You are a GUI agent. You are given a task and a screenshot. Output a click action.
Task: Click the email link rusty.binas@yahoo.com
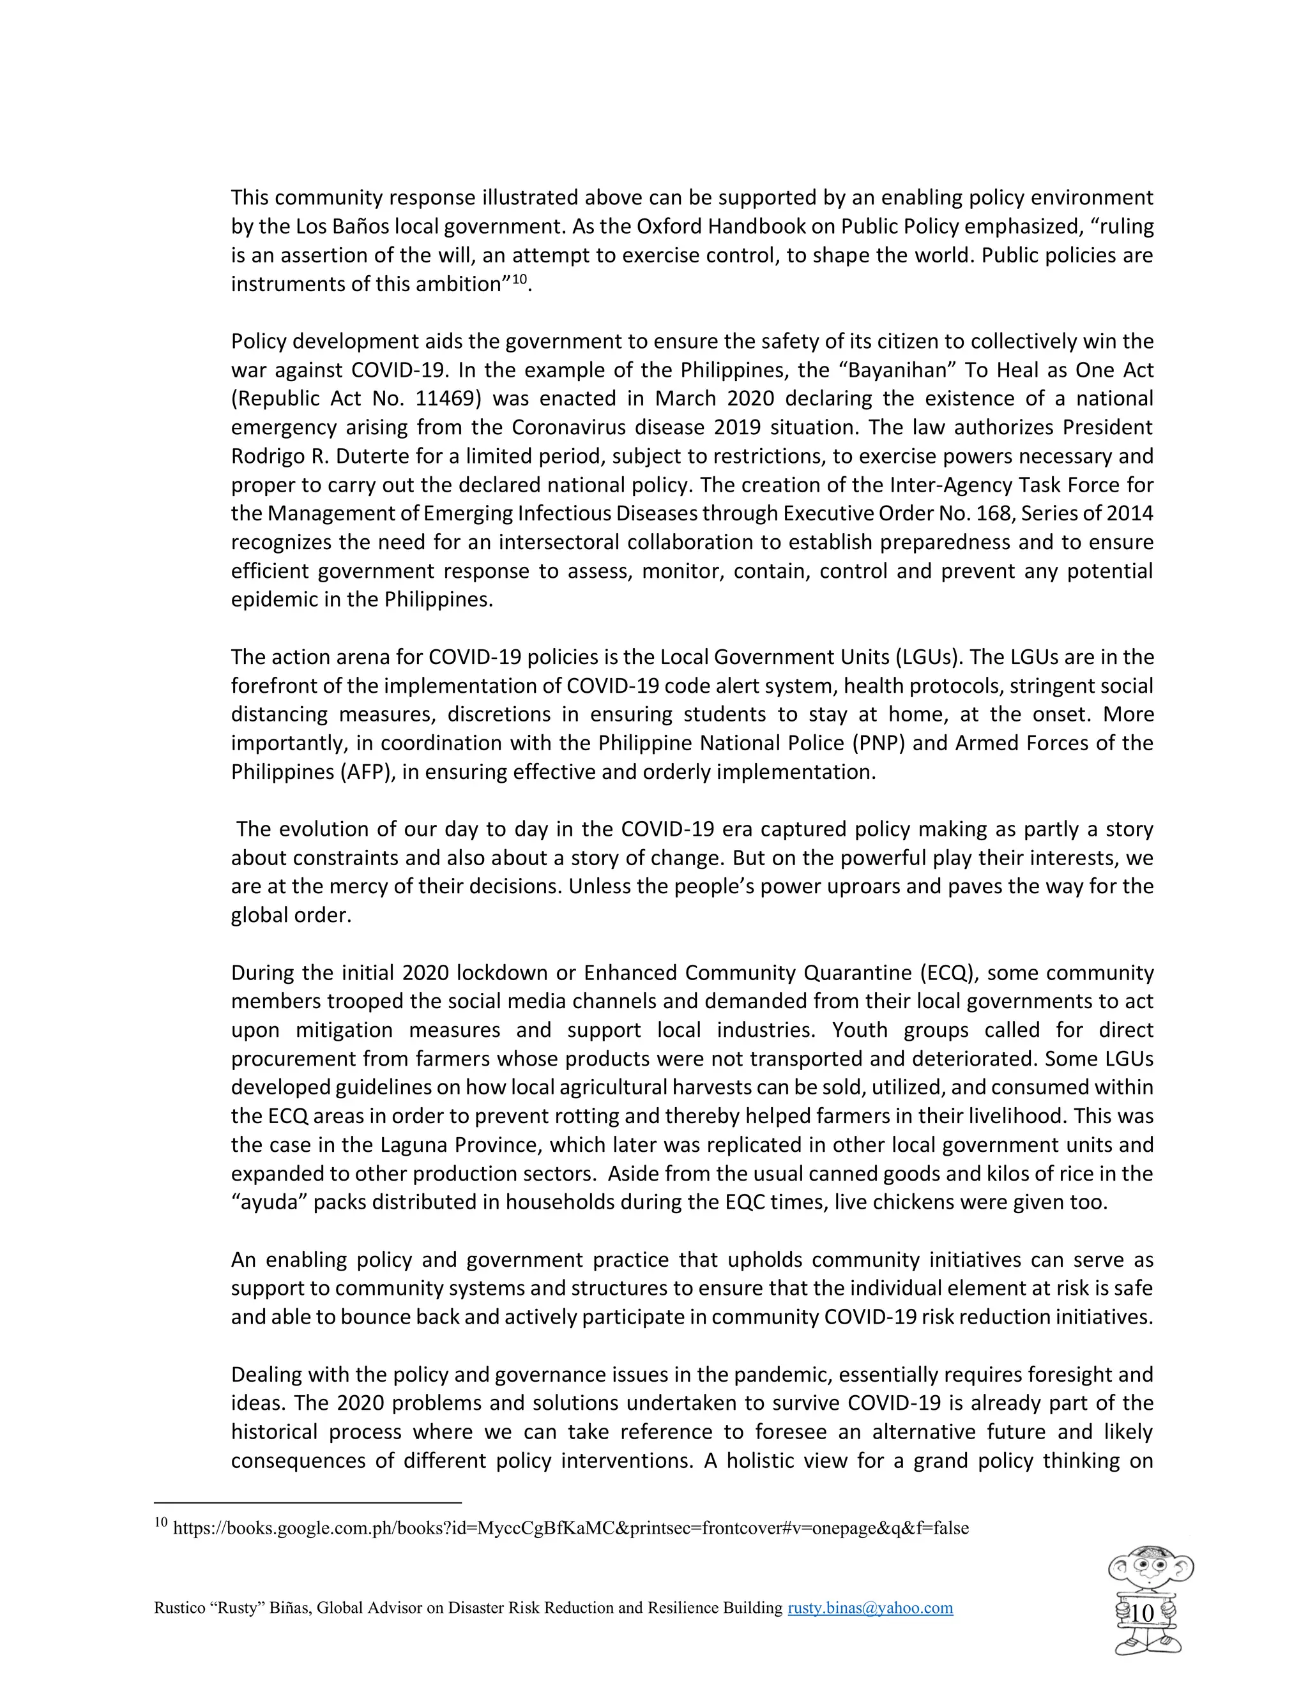(871, 1608)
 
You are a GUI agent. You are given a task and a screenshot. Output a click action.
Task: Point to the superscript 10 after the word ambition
(519, 278)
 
